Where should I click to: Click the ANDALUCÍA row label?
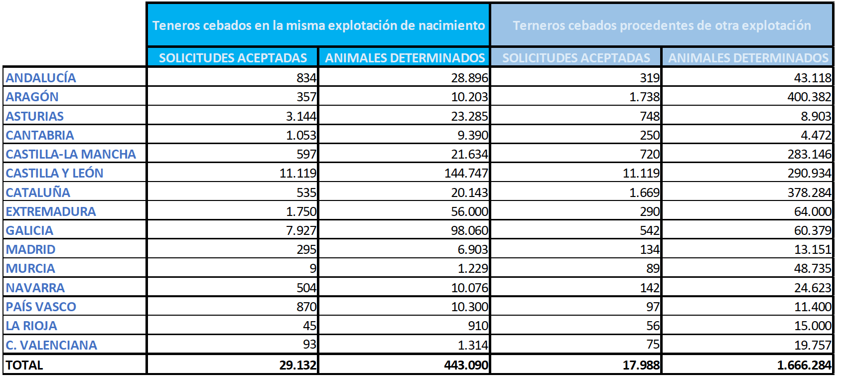click(x=41, y=78)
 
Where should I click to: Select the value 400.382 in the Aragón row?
click(x=809, y=97)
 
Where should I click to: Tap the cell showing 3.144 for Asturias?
click(x=301, y=116)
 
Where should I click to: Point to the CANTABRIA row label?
click(x=40, y=135)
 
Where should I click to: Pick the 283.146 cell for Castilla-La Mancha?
click(x=809, y=154)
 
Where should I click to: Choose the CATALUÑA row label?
click(x=38, y=192)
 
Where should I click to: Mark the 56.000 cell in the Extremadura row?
click(x=469, y=211)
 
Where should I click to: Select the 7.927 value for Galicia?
click(x=301, y=230)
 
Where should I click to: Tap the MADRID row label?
click(x=31, y=249)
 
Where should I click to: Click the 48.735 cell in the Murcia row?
click(x=812, y=268)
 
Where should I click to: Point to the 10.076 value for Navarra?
click(x=469, y=288)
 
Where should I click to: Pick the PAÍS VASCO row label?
click(x=41, y=307)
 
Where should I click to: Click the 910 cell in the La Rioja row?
click(x=478, y=326)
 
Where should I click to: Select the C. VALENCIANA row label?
click(x=51, y=345)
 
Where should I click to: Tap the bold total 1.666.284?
click(x=804, y=365)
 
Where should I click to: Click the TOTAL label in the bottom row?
click(x=24, y=365)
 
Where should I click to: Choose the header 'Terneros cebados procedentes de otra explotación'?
click(x=662, y=25)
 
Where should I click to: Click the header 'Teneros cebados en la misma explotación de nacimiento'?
click(x=318, y=25)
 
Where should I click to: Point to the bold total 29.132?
click(x=297, y=365)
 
